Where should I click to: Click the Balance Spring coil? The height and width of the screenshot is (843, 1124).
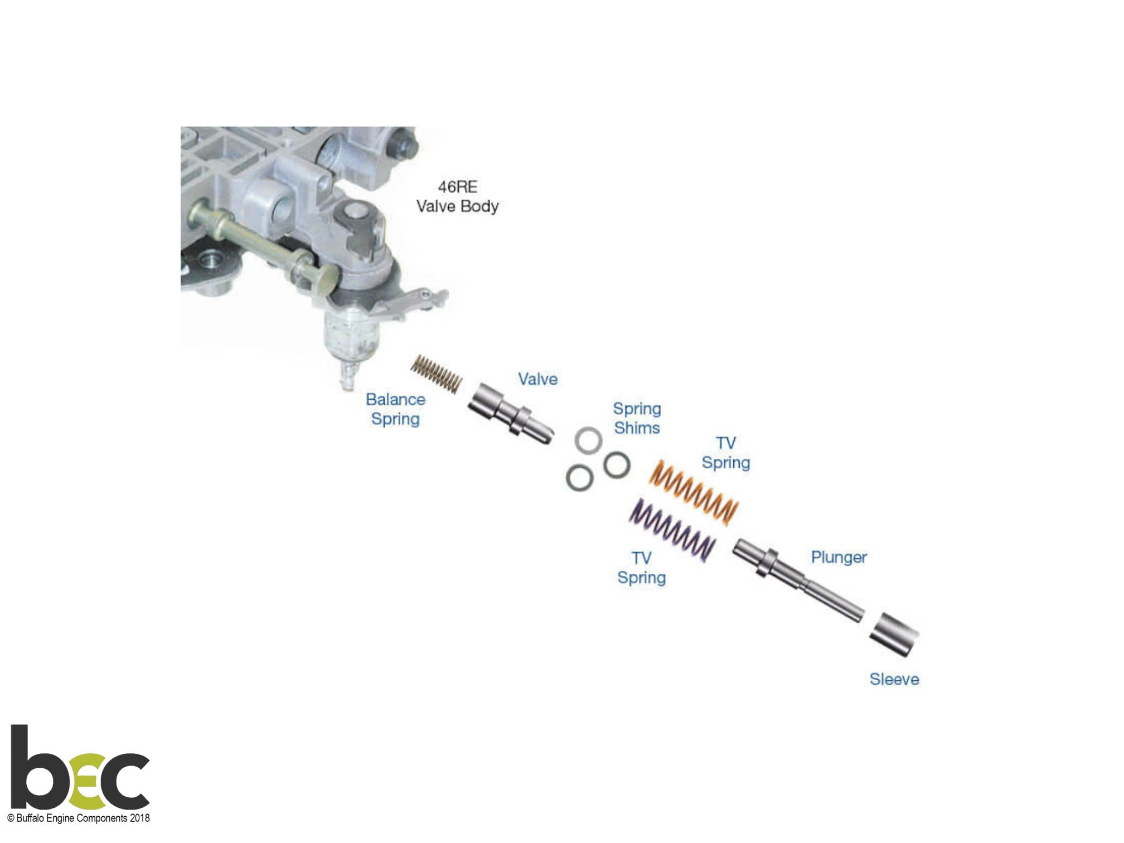[437, 373]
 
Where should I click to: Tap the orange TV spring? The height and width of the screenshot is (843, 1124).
[694, 492]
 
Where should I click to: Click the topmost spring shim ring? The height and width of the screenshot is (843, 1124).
[588, 440]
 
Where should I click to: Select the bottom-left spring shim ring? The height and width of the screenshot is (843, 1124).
[579, 478]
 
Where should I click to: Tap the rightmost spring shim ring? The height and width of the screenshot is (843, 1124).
[617, 464]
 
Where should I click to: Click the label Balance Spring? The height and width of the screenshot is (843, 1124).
[395, 409]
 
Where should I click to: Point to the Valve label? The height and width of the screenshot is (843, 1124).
[537, 379]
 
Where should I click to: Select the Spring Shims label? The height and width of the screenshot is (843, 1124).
[637, 418]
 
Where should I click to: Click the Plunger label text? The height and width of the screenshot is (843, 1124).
[839, 558]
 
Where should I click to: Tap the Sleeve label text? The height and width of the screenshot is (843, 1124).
[894, 679]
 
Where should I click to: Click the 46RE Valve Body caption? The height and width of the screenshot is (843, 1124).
[458, 196]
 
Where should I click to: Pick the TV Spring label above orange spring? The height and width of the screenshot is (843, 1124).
[726, 453]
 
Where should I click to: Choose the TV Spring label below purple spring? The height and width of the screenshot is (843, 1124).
[641, 568]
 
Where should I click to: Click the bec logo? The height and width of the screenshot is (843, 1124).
[80, 767]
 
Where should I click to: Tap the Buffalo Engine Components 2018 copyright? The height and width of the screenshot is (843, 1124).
[79, 818]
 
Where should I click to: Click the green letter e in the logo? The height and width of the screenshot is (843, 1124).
[88, 781]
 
